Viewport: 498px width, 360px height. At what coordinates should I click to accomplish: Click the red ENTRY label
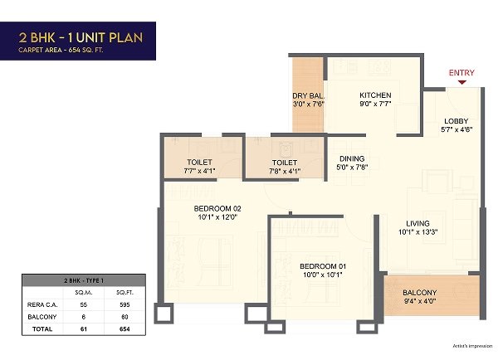click(x=461, y=73)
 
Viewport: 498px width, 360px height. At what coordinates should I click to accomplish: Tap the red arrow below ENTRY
click(x=462, y=83)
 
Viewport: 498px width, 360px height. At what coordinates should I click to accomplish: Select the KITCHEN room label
click(x=375, y=95)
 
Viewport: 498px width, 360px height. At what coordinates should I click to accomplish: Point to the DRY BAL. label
click(x=309, y=96)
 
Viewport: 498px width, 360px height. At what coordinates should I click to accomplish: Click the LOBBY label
click(x=456, y=121)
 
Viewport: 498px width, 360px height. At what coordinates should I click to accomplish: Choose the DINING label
click(x=352, y=158)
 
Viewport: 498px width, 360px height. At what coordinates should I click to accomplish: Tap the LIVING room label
click(x=417, y=223)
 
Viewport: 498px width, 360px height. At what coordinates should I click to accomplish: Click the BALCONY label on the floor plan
click(x=419, y=292)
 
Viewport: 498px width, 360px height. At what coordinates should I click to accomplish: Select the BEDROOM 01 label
click(x=323, y=266)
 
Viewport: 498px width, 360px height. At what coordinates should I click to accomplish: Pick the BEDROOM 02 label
click(x=217, y=208)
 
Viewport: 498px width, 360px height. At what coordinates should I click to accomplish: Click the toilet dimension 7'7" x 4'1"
click(x=199, y=171)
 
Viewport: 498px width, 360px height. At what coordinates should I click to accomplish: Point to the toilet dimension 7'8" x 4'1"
click(x=285, y=171)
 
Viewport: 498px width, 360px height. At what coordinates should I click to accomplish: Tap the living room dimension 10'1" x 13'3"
click(x=418, y=232)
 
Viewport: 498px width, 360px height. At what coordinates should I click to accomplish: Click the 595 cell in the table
click(x=124, y=304)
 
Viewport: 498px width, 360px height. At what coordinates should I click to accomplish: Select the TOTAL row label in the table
click(x=42, y=328)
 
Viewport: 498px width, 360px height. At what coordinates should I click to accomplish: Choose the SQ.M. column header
click(x=84, y=292)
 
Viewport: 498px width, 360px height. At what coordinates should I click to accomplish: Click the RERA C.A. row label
click(x=42, y=304)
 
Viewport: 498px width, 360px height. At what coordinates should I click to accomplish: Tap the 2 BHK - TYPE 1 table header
click(x=84, y=280)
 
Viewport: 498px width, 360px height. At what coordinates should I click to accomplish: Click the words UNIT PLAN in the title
click(x=110, y=38)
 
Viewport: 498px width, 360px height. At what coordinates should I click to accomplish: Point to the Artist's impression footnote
click(x=472, y=346)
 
